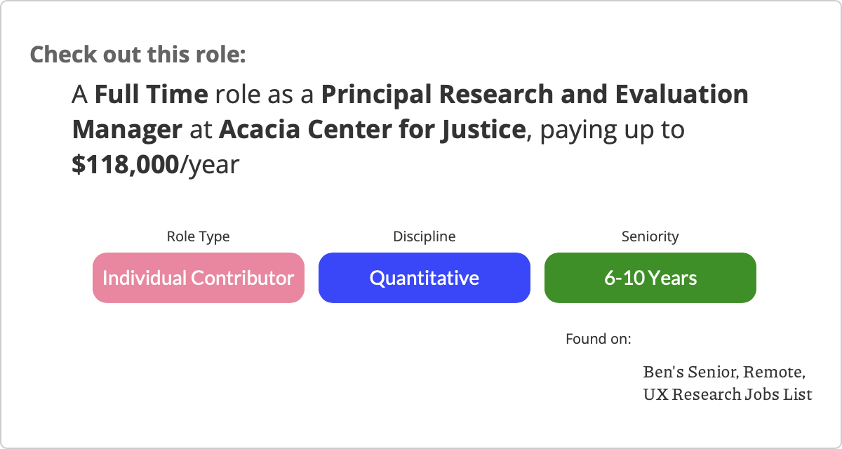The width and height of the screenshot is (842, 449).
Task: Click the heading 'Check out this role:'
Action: click(x=138, y=55)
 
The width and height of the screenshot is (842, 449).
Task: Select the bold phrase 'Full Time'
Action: click(x=151, y=94)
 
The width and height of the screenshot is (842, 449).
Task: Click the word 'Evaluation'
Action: click(x=681, y=94)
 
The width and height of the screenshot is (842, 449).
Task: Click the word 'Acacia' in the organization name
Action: click(x=260, y=130)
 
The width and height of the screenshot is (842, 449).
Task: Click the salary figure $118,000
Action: click(x=125, y=165)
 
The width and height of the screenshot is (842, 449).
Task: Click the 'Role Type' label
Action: click(x=198, y=236)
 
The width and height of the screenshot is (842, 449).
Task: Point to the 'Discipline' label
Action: click(x=425, y=236)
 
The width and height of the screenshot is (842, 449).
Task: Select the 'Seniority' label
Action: click(x=650, y=236)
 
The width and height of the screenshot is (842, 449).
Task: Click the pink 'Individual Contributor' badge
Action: click(x=199, y=278)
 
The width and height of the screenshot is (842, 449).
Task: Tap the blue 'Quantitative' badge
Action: click(x=425, y=278)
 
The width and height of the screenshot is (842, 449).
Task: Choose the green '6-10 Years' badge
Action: click(x=650, y=278)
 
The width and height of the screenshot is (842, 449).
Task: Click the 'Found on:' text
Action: click(x=599, y=339)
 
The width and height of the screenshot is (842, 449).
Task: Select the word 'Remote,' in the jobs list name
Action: click(x=775, y=373)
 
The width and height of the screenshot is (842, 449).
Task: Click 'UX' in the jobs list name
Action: click(x=656, y=394)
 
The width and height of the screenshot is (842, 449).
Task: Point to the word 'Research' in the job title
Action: click(x=496, y=94)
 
